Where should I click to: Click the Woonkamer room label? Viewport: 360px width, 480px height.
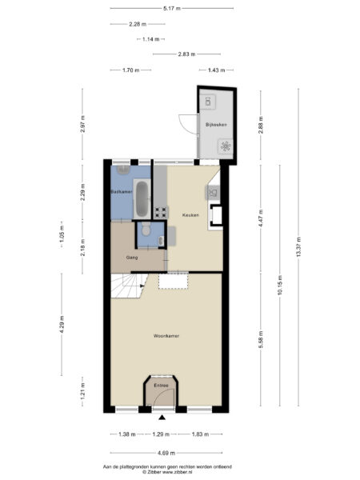[166, 336]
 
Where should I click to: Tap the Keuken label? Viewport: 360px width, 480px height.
[190, 214]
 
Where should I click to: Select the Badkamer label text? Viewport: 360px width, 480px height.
[121, 193]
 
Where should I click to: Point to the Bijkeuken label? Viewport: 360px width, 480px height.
[216, 125]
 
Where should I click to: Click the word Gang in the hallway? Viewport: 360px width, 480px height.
[132, 258]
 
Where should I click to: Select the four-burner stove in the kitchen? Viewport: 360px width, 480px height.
[160, 213]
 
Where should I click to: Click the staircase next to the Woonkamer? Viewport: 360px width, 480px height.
[126, 285]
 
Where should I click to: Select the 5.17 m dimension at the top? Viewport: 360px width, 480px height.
[170, 9]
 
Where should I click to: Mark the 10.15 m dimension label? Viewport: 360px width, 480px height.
[279, 287]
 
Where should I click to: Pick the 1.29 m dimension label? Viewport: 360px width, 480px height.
[162, 434]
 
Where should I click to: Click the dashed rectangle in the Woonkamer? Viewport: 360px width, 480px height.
[173, 280]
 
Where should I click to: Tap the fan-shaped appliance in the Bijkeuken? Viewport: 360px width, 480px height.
[226, 146]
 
